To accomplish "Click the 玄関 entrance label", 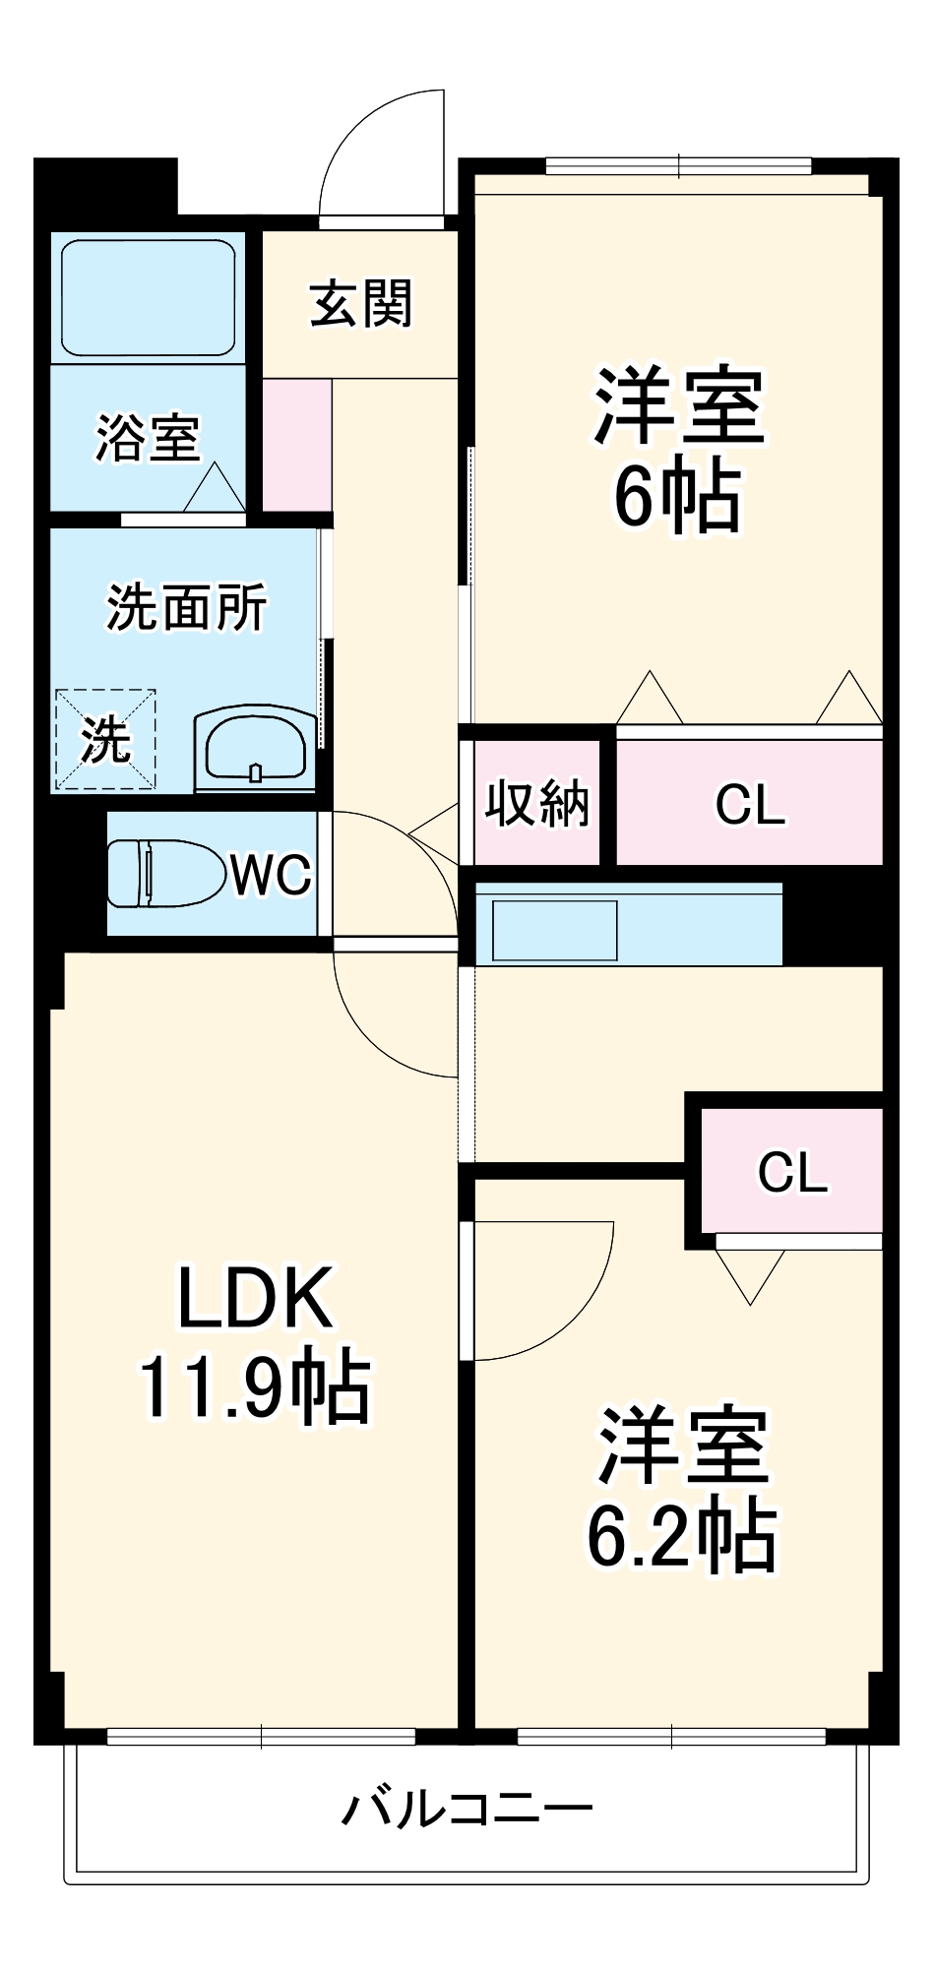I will pos(361,304).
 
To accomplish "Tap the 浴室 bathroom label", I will pos(148,438).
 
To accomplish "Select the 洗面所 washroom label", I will pos(187,607).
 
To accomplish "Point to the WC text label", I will pos(272,874).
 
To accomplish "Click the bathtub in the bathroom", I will pos(149,298).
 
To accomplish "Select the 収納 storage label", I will pos(537,803).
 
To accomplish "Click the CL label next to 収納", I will pos(750,805).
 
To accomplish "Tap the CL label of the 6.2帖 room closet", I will pos(792,1172).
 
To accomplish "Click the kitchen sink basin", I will pos(555,930).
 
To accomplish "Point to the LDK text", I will pos(255,1299).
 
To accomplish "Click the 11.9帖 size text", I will pos(255,1387).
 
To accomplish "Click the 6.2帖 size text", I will pos(682,1536).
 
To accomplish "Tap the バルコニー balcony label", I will pos(467,1809).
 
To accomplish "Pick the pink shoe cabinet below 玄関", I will pos(296,445).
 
